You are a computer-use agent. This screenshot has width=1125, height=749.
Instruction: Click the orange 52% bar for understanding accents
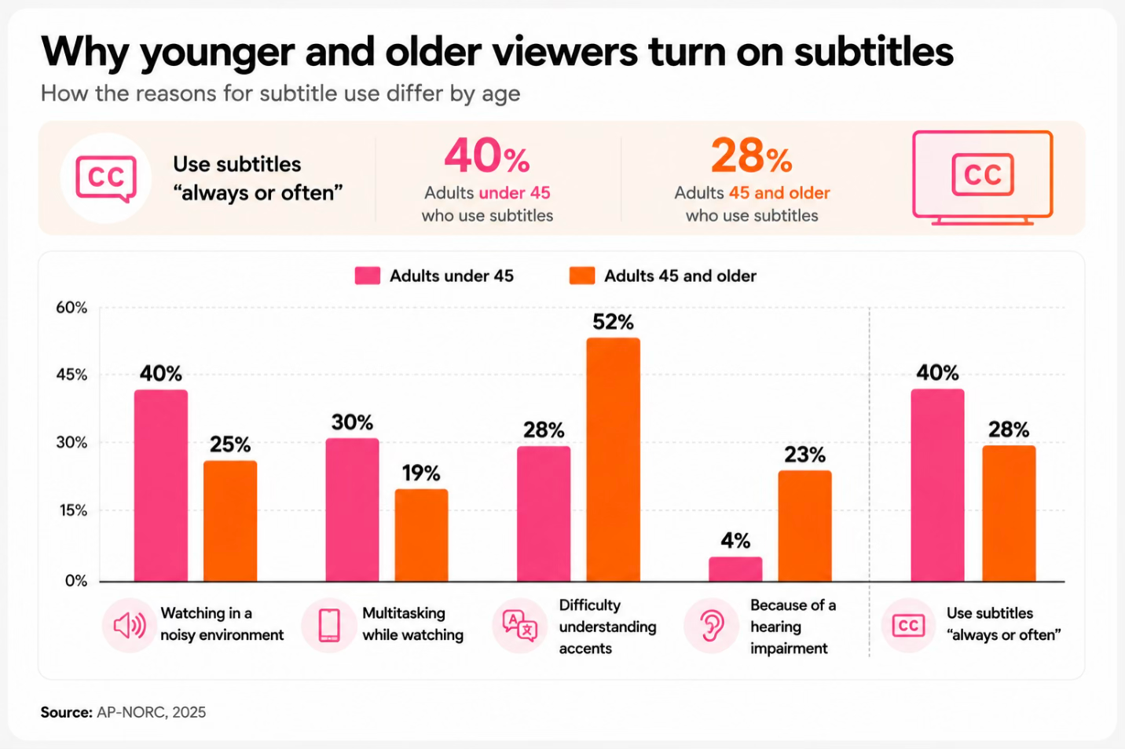pos(614,459)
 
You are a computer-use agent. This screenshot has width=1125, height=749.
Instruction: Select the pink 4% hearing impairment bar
pos(735,569)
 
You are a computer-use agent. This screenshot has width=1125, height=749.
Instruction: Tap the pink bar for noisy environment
pos(161,485)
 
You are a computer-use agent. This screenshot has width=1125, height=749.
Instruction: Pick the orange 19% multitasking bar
pos(421,535)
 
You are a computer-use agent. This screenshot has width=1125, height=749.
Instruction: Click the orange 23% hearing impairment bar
pos(805,526)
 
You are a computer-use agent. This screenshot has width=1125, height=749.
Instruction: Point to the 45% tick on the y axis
pos(71,375)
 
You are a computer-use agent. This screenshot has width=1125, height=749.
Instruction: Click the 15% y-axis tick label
pos(73,510)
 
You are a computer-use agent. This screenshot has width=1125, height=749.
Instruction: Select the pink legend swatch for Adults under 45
pos(367,276)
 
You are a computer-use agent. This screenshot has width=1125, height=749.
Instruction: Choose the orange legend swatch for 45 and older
pos(582,276)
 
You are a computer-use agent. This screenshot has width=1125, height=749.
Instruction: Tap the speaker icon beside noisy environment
pos(130,626)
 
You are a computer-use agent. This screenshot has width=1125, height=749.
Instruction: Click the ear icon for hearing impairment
pos(711,626)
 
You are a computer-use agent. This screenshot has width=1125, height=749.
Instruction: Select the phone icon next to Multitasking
pos(329,626)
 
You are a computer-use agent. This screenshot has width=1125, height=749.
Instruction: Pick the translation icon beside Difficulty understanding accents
pos(520,626)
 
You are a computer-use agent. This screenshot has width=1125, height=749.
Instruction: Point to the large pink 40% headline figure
pos(486,155)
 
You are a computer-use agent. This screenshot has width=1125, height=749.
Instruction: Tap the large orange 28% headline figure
pos(751,156)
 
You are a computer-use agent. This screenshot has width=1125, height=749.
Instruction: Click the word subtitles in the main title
pos(874,52)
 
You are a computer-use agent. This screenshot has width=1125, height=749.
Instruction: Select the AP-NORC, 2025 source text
pos(151,712)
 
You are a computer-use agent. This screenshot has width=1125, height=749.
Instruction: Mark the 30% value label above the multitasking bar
pos(352,422)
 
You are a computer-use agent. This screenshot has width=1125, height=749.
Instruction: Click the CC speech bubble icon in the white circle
pos(106,179)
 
